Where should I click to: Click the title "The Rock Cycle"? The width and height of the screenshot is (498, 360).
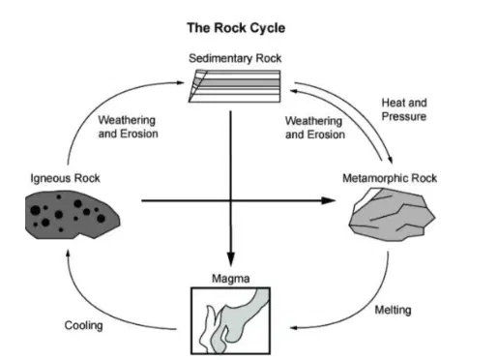pyautogui.click(x=236, y=28)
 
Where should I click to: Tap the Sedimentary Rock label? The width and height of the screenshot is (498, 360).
pyautogui.click(x=235, y=58)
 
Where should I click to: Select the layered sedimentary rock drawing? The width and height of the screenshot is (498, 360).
pyautogui.click(x=235, y=86)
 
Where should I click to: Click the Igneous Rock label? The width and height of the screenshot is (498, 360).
pyautogui.click(x=65, y=178)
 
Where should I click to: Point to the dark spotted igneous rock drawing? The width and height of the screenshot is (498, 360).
pyautogui.click(x=73, y=215)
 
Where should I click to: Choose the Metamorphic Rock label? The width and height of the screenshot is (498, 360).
pyautogui.click(x=390, y=178)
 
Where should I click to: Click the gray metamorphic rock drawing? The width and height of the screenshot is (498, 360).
pyautogui.click(x=392, y=215)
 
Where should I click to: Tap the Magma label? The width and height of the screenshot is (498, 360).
pyautogui.click(x=231, y=279)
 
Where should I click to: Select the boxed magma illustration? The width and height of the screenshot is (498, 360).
pyautogui.click(x=231, y=321)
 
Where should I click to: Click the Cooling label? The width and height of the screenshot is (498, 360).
pyautogui.click(x=83, y=325)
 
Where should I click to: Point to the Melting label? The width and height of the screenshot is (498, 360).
pyautogui.click(x=393, y=310)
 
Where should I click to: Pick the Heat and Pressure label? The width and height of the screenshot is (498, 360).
pyautogui.click(x=404, y=109)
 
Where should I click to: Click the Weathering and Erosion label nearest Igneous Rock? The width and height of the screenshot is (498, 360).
pyautogui.click(x=128, y=127)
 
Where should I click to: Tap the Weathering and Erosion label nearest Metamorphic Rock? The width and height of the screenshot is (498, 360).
pyautogui.click(x=315, y=128)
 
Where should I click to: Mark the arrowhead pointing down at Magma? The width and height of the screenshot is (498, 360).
pyautogui.click(x=231, y=258)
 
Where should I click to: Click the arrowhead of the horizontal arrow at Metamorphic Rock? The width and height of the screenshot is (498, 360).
pyautogui.click(x=329, y=200)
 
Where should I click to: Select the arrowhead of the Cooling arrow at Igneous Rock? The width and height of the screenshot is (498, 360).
pyautogui.click(x=68, y=254)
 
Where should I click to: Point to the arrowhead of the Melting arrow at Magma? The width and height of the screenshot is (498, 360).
pyautogui.click(x=294, y=328)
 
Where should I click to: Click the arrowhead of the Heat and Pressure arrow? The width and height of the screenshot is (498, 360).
pyautogui.click(x=390, y=160)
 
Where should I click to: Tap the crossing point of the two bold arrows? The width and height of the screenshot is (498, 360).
pyautogui.click(x=231, y=200)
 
